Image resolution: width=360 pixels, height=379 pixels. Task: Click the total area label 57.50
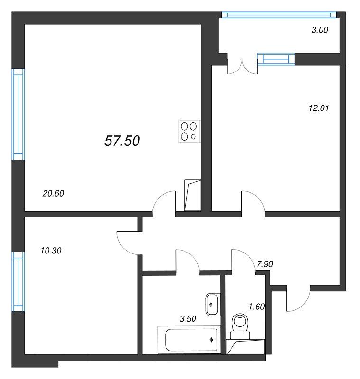122,141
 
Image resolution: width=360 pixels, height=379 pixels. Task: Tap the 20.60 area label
53,193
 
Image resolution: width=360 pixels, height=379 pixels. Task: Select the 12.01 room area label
318,108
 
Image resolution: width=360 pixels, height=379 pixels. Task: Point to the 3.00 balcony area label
319,30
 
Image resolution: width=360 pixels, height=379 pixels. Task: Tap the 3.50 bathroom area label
188,319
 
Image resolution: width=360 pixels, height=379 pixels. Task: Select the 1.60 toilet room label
256,307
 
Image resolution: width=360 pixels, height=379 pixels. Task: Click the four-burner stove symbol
189,131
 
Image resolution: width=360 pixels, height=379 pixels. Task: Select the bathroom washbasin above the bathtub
212,304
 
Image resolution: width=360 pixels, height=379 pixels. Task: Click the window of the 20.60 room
18,114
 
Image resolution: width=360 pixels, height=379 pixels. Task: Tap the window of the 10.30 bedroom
18,281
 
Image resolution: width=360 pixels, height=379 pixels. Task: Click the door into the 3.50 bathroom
188,261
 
